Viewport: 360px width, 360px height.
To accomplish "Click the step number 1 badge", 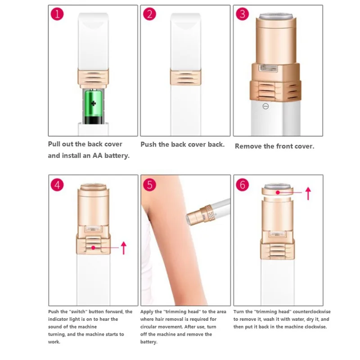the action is [x=57, y=14].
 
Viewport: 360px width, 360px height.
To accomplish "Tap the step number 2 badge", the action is [x=149, y=14].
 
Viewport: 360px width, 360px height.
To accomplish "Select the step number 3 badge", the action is [x=242, y=14].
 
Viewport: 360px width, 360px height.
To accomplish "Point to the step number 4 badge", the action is [x=57, y=185].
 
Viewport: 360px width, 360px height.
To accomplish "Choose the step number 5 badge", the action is [x=149, y=185].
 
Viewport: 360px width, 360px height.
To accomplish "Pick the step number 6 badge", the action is [x=242, y=185].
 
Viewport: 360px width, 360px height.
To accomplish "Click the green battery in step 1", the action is [x=93, y=107].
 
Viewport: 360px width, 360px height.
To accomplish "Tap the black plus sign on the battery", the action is [x=93, y=103].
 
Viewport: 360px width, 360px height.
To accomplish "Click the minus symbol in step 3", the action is [x=265, y=106].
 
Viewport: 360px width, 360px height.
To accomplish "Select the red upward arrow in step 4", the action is [x=124, y=248].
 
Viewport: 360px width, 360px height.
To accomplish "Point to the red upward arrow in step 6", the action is [x=308, y=193].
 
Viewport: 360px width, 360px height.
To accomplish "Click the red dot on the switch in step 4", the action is [x=93, y=248].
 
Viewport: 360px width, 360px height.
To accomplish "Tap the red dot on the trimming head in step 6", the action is [x=278, y=193].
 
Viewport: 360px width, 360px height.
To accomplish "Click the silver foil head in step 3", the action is [x=276, y=16].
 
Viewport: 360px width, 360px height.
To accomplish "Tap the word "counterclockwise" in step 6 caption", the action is [x=311, y=311].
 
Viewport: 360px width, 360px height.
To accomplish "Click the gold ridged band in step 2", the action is [x=186, y=77].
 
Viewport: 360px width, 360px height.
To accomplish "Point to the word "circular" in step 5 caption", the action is [x=149, y=327].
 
